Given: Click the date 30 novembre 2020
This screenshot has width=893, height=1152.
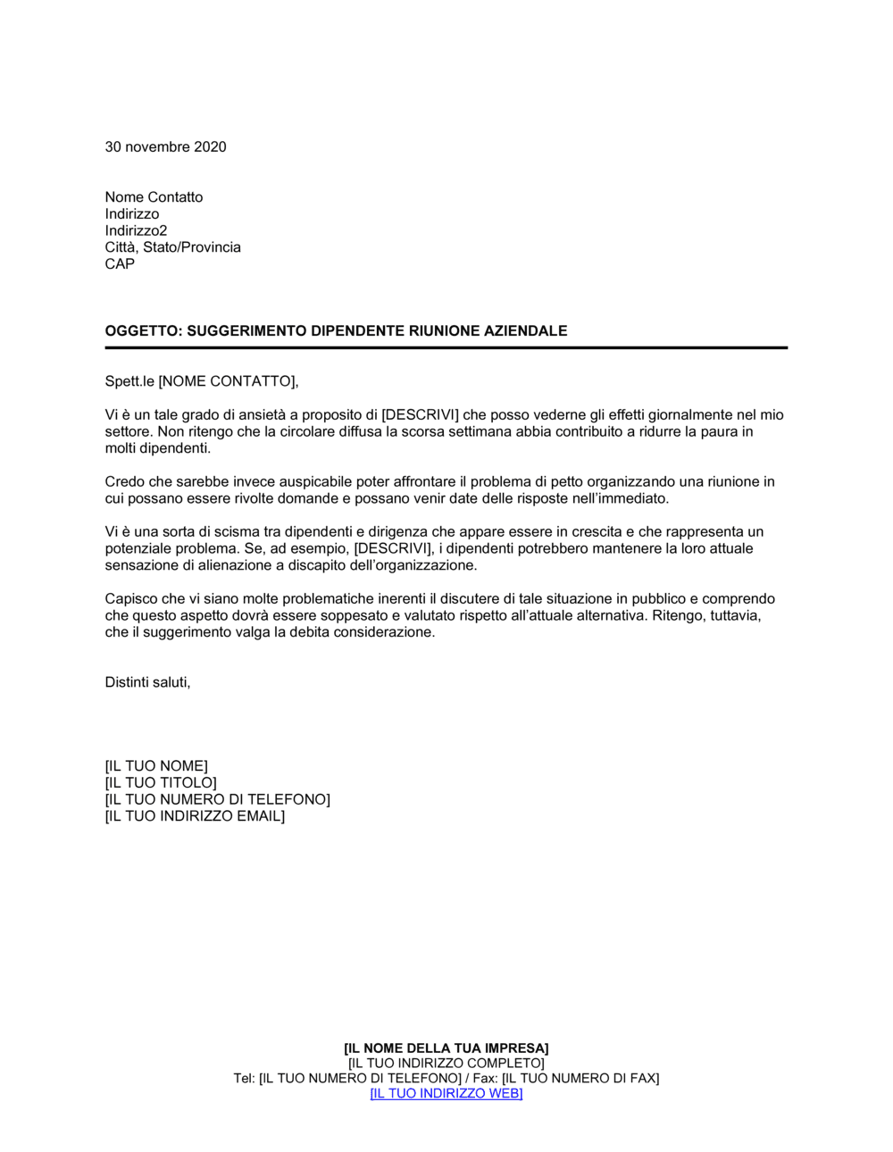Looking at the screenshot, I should (165, 146).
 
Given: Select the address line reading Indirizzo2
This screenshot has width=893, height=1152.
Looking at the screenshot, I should (136, 230).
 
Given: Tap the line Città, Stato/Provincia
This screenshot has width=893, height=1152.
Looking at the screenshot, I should (172, 247).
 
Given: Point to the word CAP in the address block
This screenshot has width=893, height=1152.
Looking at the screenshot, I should (120, 264).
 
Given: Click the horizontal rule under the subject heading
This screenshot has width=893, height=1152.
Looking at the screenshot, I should (446, 348).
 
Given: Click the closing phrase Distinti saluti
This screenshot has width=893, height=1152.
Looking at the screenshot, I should (147, 682).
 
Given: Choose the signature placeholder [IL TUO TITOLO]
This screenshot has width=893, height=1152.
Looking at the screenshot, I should (161, 783).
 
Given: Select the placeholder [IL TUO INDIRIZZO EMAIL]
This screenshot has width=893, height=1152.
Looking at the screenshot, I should (195, 816).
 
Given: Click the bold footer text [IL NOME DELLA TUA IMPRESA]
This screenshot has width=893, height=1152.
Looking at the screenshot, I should (446, 1048).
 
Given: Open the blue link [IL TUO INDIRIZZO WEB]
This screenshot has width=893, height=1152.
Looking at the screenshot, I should (446, 1094).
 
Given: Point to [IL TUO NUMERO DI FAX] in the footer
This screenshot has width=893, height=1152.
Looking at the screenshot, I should (580, 1079).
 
